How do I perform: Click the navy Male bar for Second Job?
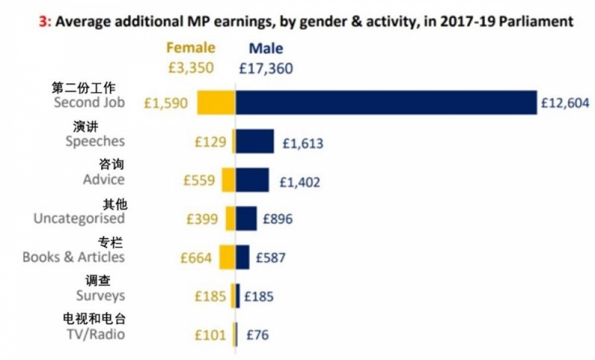[386, 103]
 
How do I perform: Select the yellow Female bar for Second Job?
[216, 103]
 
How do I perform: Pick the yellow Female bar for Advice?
[228, 180]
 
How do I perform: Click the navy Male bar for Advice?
[252, 180]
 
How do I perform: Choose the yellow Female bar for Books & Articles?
[227, 257]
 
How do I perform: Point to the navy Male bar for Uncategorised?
[246, 219]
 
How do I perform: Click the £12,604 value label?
[565, 103]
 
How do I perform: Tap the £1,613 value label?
[302, 142]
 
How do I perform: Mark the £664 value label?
[198, 257]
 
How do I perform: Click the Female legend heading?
[190, 48]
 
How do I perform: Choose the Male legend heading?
[266, 48]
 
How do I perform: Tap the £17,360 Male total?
[266, 68]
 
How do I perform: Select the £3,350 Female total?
[190, 68]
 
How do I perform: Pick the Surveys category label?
[100, 295]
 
